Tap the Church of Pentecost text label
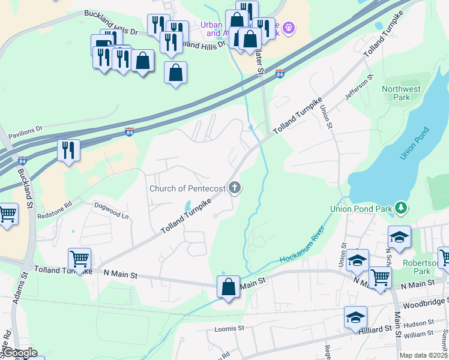(187, 189)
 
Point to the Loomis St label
(229, 329)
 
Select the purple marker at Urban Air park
(289, 27)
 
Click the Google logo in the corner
(19, 353)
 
